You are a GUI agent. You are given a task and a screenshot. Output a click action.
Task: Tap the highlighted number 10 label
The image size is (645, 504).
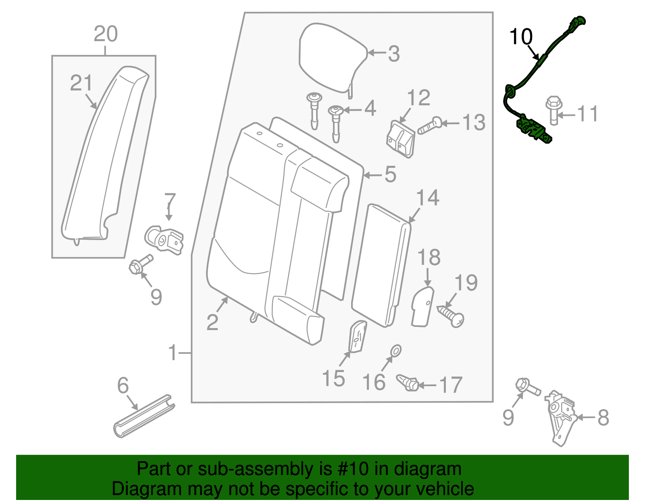[521, 37]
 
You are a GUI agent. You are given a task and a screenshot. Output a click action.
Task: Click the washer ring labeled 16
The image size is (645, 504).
[396, 351]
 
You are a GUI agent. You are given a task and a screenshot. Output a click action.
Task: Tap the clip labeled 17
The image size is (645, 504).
[408, 382]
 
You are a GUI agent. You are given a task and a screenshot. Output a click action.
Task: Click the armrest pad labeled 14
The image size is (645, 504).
[381, 264]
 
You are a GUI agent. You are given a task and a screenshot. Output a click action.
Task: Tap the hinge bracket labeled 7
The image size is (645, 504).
[164, 240]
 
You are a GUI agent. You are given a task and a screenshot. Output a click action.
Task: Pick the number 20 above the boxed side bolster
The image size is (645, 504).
[106, 34]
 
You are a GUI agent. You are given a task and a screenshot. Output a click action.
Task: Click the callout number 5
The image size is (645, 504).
[390, 174]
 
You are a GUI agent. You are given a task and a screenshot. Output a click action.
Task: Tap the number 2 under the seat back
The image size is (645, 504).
[212, 322]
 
